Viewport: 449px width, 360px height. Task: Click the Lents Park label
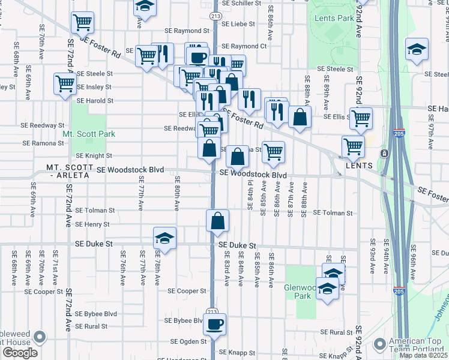tap(334, 18)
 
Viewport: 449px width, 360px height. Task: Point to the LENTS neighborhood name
tap(359, 166)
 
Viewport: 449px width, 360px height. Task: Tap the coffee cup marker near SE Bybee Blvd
tap(215, 325)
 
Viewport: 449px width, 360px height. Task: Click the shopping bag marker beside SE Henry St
tap(217, 220)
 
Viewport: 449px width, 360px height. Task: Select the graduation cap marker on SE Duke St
tap(164, 238)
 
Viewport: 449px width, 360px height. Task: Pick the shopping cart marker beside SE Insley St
tap(65, 84)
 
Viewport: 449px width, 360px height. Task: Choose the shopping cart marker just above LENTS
tap(353, 146)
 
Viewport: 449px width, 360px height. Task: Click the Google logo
tap(20, 353)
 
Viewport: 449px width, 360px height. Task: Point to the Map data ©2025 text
tap(423, 355)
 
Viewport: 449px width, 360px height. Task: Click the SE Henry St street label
tap(92, 224)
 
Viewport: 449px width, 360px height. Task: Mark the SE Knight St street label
tap(93, 155)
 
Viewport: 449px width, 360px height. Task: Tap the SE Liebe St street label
tap(238, 25)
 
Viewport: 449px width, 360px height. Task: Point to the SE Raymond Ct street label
tap(244, 46)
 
